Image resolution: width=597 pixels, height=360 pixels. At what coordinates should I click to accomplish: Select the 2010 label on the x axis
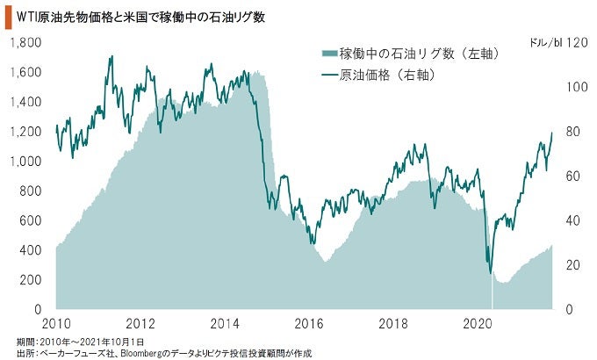click(56, 324)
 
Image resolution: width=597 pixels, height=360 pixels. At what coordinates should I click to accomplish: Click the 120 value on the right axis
click(575, 41)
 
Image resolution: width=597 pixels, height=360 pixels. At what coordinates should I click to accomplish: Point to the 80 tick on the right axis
click(572, 131)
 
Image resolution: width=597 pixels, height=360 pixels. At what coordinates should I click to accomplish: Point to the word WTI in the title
click(27, 16)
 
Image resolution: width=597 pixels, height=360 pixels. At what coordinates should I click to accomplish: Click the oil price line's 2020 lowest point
click(490, 273)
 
